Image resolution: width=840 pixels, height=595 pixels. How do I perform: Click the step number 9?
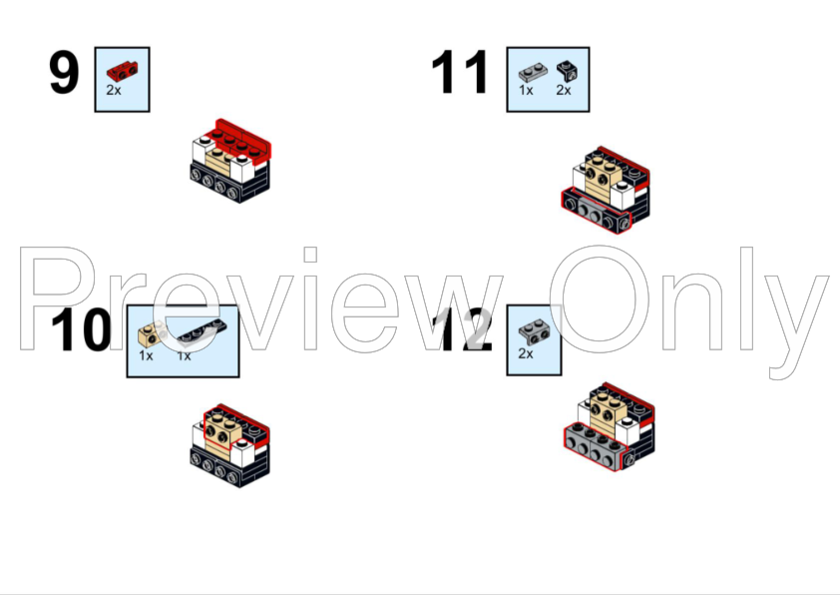pyautogui.click(x=64, y=72)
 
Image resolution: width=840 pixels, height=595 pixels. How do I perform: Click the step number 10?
pyautogui.click(x=81, y=330)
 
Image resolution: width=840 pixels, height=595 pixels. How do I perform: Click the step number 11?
pyautogui.click(x=460, y=72)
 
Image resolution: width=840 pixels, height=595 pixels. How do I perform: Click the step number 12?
pyautogui.click(x=466, y=330)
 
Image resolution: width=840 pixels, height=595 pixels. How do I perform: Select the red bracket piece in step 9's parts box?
pyautogui.click(x=122, y=71)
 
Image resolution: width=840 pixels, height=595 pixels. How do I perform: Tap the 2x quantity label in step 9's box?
pyautogui.click(x=114, y=90)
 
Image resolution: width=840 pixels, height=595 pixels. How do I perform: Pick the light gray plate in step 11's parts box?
pyautogui.click(x=533, y=72)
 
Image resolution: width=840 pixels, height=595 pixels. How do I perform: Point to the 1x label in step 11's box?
pyautogui.click(x=526, y=90)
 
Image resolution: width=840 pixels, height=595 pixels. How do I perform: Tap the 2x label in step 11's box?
pyautogui.click(x=564, y=90)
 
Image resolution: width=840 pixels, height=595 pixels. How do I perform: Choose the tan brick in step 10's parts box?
pyautogui.click(x=153, y=333)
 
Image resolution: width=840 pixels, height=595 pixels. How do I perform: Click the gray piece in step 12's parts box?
pyautogui.click(x=533, y=332)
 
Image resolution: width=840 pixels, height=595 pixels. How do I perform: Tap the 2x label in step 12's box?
pyautogui.click(x=526, y=353)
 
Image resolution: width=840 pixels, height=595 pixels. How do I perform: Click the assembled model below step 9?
pyautogui.click(x=230, y=161)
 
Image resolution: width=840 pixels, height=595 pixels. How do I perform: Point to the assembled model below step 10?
pyautogui.click(x=230, y=446)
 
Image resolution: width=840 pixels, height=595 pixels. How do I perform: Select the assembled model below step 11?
pyautogui.click(x=606, y=190)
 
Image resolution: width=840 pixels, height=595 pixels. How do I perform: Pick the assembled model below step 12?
pyautogui.click(x=610, y=426)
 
